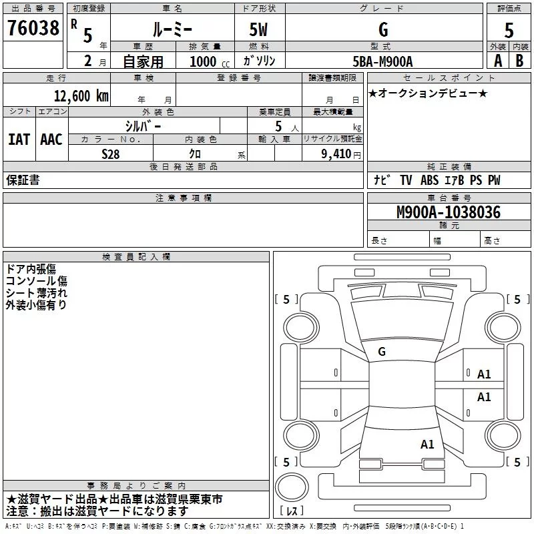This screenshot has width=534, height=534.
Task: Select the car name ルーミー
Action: click(x=172, y=30)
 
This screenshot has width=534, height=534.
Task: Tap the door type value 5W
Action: click(x=260, y=30)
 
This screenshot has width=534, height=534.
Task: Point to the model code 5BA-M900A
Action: click(x=382, y=61)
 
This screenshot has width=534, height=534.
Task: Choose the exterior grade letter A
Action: click(x=497, y=60)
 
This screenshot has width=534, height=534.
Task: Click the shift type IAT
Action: click(x=19, y=139)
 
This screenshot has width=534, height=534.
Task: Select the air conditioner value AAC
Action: click(x=51, y=139)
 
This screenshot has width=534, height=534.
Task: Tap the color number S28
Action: click(x=110, y=154)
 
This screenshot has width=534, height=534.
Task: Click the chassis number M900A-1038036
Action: click(x=448, y=212)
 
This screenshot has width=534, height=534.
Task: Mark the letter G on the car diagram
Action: click(x=382, y=352)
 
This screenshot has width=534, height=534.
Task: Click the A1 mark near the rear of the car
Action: click(x=427, y=443)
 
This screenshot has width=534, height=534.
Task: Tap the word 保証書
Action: click(x=23, y=180)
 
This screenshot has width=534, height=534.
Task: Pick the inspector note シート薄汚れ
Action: click(x=37, y=292)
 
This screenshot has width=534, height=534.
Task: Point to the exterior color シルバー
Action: click(x=143, y=125)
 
